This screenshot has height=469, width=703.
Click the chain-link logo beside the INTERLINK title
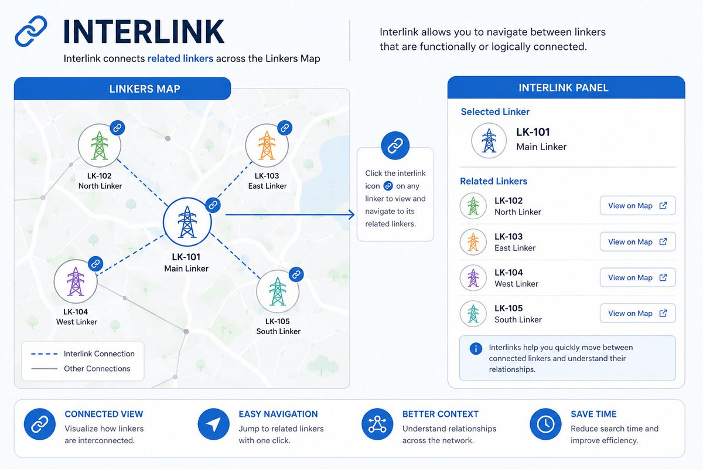pyautogui.click(x=31, y=31)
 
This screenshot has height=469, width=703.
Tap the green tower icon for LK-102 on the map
pyautogui.click(x=100, y=145)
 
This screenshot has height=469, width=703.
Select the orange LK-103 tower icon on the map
pyautogui.click(x=267, y=145)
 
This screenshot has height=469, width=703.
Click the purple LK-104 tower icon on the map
pyautogui.click(x=76, y=281)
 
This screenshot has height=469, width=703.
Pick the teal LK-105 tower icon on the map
pyautogui.click(x=278, y=291)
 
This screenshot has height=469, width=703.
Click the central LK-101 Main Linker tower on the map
pyautogui.click(x=187, y=222)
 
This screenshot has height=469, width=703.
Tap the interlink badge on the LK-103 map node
pyautogui.click(x=285, y=128)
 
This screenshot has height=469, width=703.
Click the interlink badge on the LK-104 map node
pyautogui.click(x=95, y=264)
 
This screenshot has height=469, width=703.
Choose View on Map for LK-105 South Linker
pyautogui.click(x=638, y=313)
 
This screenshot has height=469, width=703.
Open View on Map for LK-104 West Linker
pyautogui.click(x=638, y=277)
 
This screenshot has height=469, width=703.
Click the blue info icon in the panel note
pyautogui.click(x=476, y=349)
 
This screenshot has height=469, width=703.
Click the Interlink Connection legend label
pyautogui.click(x=99, y=354)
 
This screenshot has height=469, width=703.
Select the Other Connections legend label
pyautogui.click(x=97, y=369)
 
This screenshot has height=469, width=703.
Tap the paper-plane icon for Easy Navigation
pyautogui.click(x=213, y=424)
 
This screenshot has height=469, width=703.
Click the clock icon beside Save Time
pyautogui.click(x=545, y=424)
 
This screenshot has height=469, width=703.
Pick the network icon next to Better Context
pyautogui.click(x=377, y=424)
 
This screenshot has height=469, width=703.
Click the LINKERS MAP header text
pyautogui.click(x=145, y=89)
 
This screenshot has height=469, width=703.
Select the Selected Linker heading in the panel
pyautogui.click(x=495, y=111)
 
